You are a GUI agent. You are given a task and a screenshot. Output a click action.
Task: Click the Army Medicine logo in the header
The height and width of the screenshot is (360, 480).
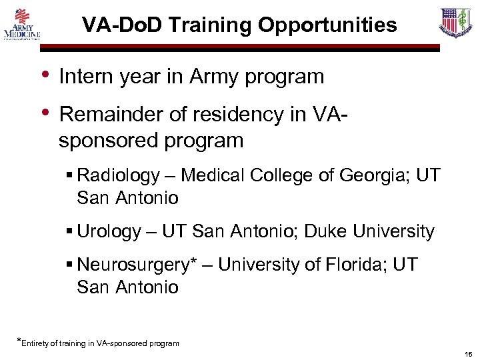click(x=22, y=24)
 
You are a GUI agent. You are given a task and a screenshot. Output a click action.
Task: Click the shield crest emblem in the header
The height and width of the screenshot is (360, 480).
click(x=456, y=22)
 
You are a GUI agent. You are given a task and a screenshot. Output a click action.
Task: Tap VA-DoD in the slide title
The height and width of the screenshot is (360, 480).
click(x=123, y=25)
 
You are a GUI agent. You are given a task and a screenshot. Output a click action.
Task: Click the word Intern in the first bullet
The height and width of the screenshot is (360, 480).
click(x=85, y=77)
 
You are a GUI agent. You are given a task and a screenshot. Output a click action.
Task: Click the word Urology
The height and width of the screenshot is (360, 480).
click(x=109, y=232)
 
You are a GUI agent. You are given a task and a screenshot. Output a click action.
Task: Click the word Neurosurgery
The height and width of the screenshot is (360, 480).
click(x=133, y=265)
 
